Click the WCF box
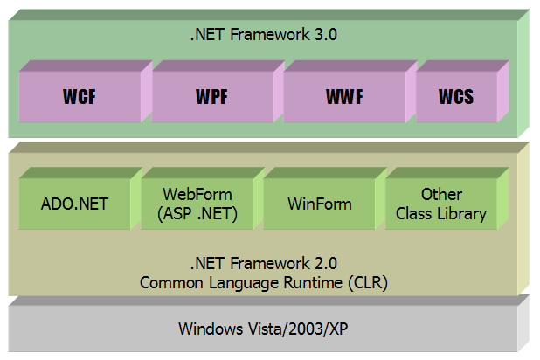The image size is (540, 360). pyautogui.click(x=80, y=97)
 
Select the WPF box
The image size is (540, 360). pyautogui.click(x=211, y=97)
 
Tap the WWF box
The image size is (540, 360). pyautogui.click(x=344, y=97)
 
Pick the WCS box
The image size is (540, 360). pyautogui.click(x=456, y=97)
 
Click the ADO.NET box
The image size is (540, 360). pyautogui.click(x=75, y=204)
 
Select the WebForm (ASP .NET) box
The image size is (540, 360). pyautogui.click(x=197, y=204)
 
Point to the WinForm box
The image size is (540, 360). pyautogui.click(x=320, y=204)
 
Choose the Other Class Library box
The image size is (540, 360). pyautogui.click(x=441, y=204)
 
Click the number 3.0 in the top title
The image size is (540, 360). pyautogui.click(x=326, y=34)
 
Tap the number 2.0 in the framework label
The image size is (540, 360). pyautogui.click(x=326, y=264)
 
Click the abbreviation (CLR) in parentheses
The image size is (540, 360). pyautogui.click(x=368, y=283)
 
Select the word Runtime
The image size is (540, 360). pyautogui.click(x=313, y=283)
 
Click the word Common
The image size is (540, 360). pyautogui.click(x=171, y=283)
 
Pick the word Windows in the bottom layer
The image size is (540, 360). pyautogui.click(x=211, y=329)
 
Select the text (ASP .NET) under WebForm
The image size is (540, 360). pyautogui.click(x=197, y=214)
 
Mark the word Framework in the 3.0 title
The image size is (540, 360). pyautogui.click(x=270, y=34)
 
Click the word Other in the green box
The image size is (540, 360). pyautogui.click(x=441, y=194)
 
